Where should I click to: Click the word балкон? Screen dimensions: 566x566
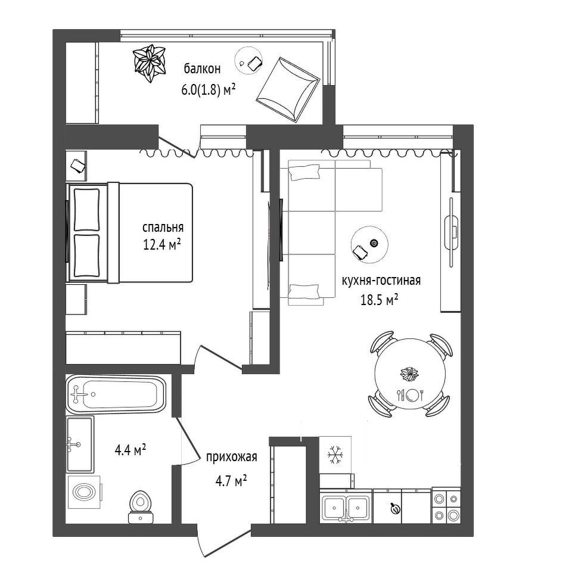202,69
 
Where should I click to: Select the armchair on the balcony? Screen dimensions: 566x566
288,89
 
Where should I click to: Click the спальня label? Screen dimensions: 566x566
163,228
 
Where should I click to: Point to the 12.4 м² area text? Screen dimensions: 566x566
162,245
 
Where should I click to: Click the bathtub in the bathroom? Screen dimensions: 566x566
116,394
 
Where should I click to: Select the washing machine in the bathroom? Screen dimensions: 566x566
85,492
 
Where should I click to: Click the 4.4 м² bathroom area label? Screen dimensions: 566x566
130,450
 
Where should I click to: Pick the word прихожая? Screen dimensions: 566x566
231,457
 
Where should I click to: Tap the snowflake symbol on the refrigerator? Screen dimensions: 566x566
335,455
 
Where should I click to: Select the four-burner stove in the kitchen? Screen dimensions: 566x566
446,506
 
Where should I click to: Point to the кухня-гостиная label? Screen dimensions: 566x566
381,281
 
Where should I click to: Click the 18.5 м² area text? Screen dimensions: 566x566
380,300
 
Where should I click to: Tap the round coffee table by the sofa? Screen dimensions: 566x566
369,244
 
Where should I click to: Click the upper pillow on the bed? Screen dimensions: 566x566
86,210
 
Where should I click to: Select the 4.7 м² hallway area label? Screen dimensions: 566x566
231,480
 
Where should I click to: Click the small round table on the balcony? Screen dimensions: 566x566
249,61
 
